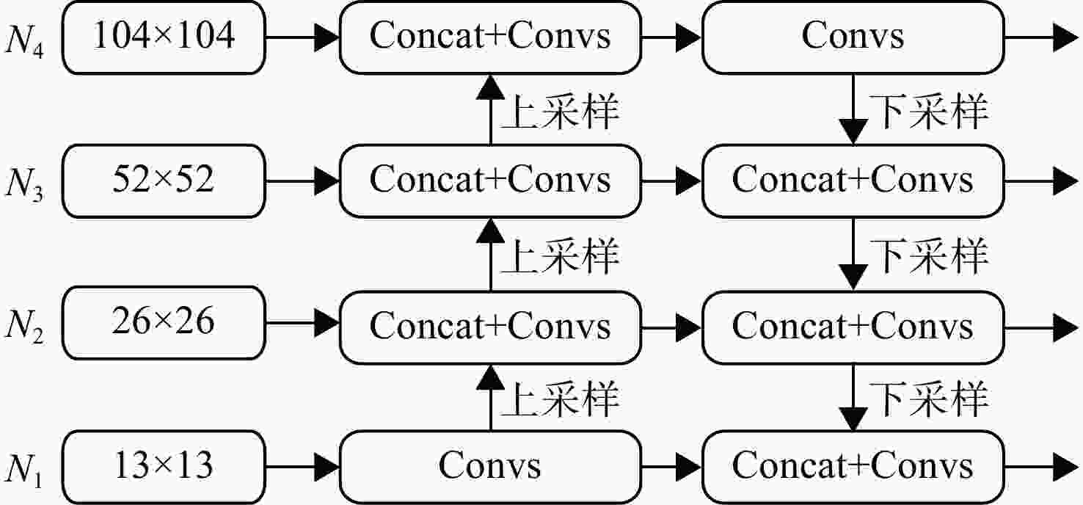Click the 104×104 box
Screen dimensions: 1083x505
pos(164,37)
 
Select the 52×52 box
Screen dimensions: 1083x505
pos(164,181)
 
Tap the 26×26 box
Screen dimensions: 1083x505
pos(164,323)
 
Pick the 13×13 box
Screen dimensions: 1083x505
pos(164,467)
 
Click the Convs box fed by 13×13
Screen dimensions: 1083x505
pos(490,467)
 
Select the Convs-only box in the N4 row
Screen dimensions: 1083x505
pos(853,37)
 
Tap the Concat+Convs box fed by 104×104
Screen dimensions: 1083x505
pos(490,37)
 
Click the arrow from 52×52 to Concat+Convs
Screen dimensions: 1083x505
pos(302,181)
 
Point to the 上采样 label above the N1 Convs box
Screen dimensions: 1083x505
pos(560,399)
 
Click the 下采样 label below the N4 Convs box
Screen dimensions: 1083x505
pos(928,112)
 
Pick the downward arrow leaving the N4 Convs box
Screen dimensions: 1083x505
pos(853,109)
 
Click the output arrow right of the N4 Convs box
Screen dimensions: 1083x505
pos(1041,37)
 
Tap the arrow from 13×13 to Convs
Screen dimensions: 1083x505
pos(302,467)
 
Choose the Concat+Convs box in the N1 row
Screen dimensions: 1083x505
pos(853,467)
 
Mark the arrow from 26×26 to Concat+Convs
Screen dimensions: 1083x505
pos(302,323)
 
